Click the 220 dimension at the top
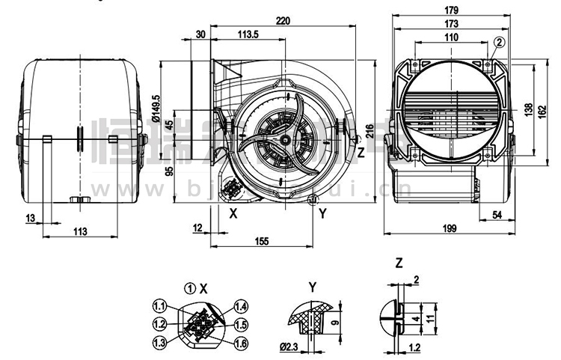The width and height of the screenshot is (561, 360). [x=283, y=21]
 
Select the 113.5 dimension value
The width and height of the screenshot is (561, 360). [x=248, y=34]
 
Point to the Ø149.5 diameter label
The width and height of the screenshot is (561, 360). [x=156, y=107]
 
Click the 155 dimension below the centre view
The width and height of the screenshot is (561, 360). [x=261, y=241]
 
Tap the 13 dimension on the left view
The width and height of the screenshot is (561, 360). [x=30, y=218]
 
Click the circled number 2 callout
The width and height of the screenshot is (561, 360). [x=500, y=42]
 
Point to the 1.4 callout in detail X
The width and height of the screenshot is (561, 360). [x=242, y=306]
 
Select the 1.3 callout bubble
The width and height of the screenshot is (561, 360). [x=159, y=342]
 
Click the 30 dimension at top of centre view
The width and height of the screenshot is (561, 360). [x=200, y=34]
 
